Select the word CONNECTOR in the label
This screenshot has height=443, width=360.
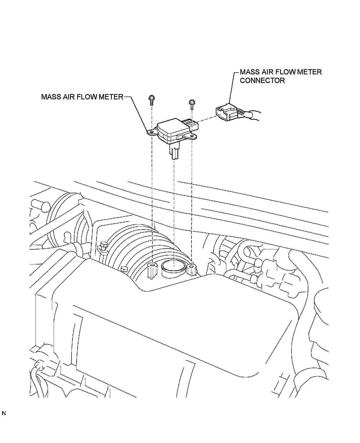(262, 80)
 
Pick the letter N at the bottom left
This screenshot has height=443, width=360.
(4, 421)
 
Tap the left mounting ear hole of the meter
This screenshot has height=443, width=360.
(151, 132)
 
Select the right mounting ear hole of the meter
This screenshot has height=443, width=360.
(192, 136)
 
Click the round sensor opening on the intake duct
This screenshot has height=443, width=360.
(173, 266)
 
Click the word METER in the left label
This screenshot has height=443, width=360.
(111, 97)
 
